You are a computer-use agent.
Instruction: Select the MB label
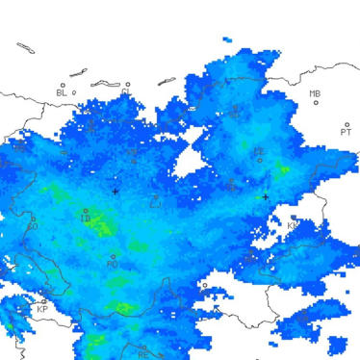pyautogui.click(x=315, y=93)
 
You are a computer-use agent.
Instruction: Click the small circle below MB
pyautogui.click(x=316, y=103)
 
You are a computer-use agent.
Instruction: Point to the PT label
pyautogui.click(x=346, y=133)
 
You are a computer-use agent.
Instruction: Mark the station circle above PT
pyautogui.click(x=347, y=124)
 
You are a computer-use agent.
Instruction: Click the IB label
pyautogui.click(x=86, y=219)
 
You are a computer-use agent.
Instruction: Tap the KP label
pyautogui.click(x=41, y=310)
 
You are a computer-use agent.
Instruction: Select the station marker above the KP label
pyautogui.click(x=43, y=301)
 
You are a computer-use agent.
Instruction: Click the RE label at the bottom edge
pyautogui.click(x=142, y=355)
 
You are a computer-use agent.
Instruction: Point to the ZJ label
pyautogui.click(x=155, y=202)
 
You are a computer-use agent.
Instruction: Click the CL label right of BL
pyautogui.click(x=125, y=92)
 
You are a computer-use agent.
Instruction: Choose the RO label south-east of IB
pyautogui.click(x=112, y=265)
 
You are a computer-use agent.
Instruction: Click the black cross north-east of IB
pyautogui.click(x=116, y=192)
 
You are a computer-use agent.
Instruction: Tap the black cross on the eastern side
pyautogui.click(x=266, y=197)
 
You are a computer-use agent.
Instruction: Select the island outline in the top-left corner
pyautogui.click(x=26, y=47)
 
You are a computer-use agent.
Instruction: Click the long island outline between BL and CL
pyautogui.click(x=79, y=73)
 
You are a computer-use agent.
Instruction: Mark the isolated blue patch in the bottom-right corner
pyautogui.click(x=337, y=345)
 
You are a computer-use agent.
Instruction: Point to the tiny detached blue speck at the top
pyautogui.click(x=226, y=39)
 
